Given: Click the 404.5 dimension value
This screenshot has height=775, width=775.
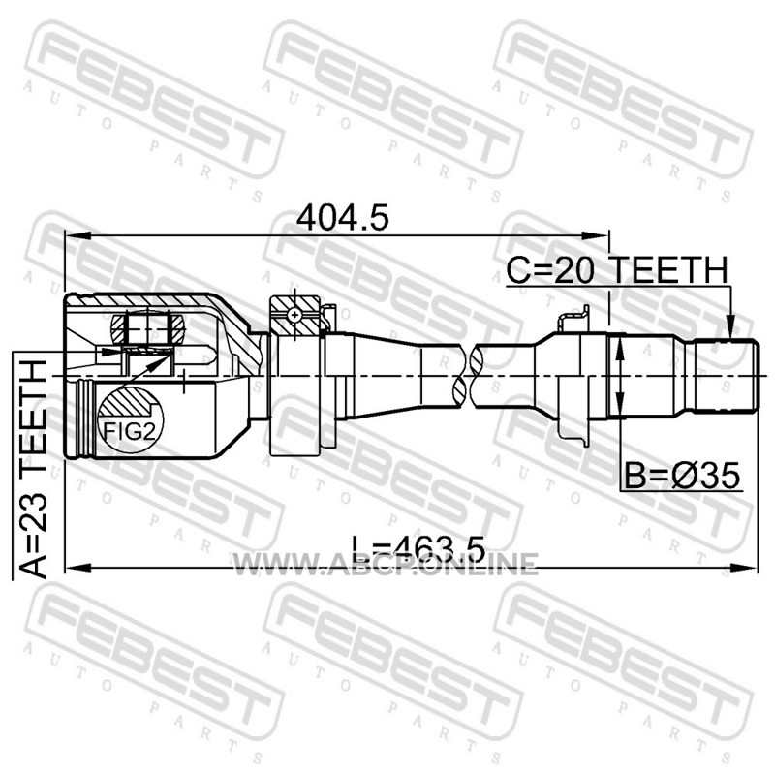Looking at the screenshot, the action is pos(342,217).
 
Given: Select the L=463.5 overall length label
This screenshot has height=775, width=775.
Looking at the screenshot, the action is pos(418,548).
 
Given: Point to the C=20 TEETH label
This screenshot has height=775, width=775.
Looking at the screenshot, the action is pos(617,270).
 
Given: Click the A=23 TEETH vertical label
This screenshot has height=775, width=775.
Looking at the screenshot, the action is pos(34,469).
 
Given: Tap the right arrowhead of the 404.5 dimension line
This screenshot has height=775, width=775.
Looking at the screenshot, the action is pos(596,236).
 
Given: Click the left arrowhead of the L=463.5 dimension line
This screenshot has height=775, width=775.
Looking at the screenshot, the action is pos(78,568).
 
